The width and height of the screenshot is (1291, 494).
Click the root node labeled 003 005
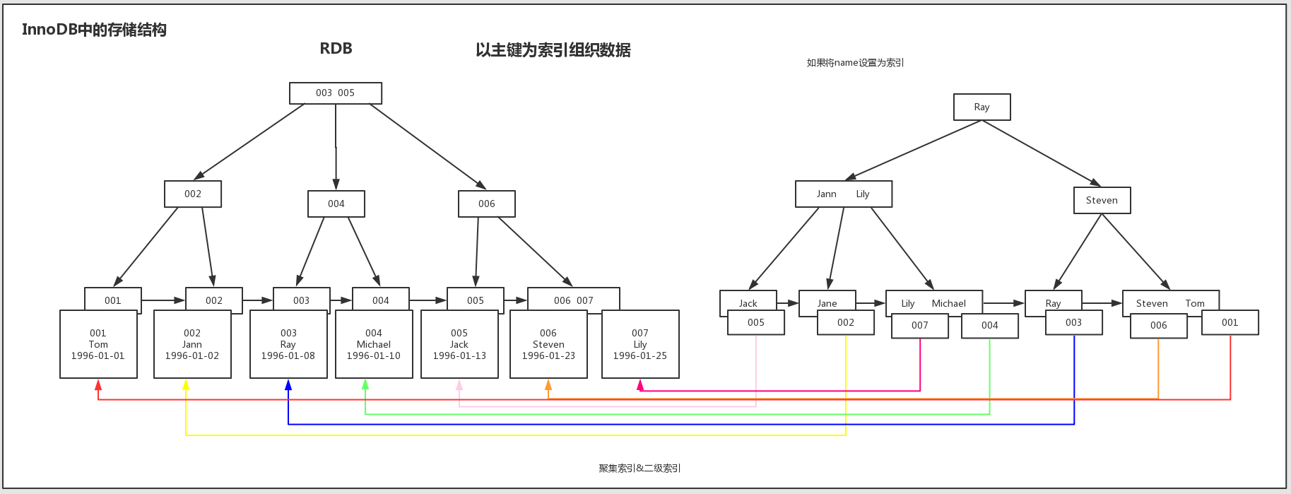336,93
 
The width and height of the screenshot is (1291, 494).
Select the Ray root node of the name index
981,107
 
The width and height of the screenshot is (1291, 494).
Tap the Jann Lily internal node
843,194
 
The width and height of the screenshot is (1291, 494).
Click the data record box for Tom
98,344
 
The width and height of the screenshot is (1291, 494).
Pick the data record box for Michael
374,344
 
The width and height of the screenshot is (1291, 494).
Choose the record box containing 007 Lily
640,344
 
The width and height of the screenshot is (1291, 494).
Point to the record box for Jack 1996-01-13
459,344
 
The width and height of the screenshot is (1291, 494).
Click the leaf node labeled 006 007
573,300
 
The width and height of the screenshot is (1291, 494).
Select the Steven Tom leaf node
1170,302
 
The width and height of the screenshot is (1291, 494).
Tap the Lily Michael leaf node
933,302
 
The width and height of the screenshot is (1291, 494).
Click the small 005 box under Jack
756,322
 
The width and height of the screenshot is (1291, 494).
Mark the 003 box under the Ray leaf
1073,322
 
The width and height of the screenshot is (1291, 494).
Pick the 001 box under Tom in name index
1230,322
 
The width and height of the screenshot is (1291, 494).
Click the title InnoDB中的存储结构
94,30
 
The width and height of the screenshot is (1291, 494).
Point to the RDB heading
336,49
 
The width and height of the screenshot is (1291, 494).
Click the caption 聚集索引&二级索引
639,468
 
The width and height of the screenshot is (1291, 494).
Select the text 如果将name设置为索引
855,63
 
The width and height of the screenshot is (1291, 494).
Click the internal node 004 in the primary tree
336,204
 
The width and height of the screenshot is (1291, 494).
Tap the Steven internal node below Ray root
1102,200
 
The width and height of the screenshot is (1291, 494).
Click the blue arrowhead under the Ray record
288,385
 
